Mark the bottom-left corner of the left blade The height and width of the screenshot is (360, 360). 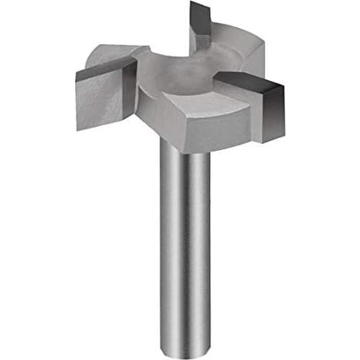pyautogui.click(x=78, y=128)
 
